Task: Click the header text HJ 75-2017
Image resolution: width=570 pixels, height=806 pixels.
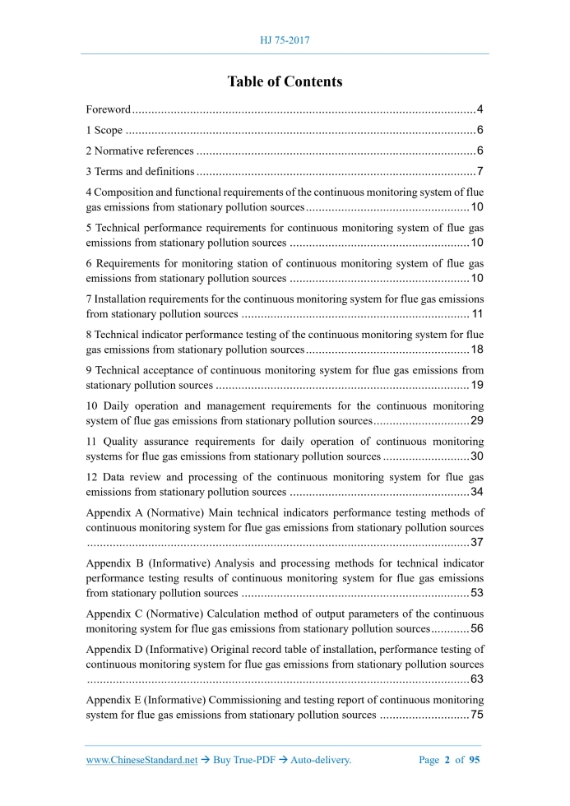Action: [285, 39]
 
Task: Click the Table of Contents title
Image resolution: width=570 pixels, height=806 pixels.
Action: [285, 81]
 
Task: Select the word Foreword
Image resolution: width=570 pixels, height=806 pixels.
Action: [109, 109]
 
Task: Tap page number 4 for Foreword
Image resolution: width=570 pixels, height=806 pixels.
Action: [480, 109]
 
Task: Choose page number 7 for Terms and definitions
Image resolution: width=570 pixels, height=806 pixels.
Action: [480, 171]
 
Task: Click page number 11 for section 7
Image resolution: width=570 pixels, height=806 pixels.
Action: [477, 314]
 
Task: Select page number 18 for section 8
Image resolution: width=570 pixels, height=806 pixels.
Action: [477, 350]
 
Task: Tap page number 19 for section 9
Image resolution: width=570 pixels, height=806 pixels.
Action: [477, 385]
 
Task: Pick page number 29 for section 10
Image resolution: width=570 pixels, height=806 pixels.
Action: [477, 421]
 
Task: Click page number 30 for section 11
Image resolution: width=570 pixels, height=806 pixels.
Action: [477, 456]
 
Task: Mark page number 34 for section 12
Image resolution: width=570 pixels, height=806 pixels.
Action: [477, 492]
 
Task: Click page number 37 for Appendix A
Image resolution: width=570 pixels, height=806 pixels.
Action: [477, 542]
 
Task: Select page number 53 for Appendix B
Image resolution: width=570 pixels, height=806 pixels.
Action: [477, 593]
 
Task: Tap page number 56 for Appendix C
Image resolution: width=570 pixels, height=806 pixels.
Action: [477, 628]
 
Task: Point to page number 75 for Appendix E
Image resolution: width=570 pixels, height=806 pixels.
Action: [477, 715]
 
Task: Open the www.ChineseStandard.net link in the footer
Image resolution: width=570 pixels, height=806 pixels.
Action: [141, 760]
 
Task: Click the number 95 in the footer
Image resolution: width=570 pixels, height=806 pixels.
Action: [474, 760]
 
